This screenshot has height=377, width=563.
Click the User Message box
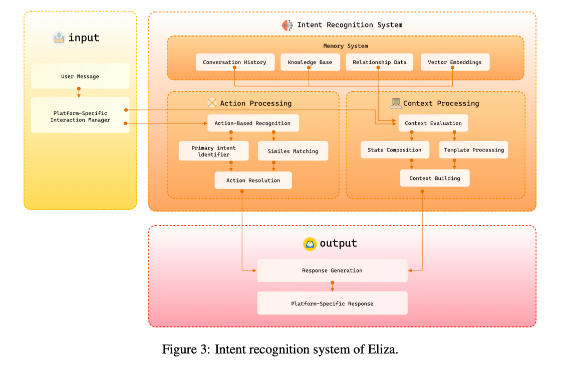click(x=80, y=76)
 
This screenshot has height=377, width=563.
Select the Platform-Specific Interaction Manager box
click(x=80, y=115)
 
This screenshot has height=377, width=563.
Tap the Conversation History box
click(x=235, y=62)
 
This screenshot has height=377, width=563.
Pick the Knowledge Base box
click(x=310, y=62)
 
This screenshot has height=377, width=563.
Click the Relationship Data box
click(x=379, y=62)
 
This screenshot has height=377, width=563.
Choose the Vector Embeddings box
click(x=455, y=62)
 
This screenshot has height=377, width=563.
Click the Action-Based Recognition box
click(x=253, y=123)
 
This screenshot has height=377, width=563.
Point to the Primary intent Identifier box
click(x=214, y=151)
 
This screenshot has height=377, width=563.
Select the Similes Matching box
click(x=293, y=151)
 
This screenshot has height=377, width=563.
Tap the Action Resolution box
click(x=253, y=180)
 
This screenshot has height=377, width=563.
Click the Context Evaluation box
click(x=433, y=123)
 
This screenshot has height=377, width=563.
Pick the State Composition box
click(x=395, y=150)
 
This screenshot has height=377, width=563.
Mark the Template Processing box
click(x=474, y=150)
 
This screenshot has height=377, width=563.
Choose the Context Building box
click(x=435, y=178)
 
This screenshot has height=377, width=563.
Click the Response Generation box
click(x=332, y=270)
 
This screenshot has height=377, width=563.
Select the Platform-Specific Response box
click(x=332, y=303)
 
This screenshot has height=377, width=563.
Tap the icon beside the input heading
click(x=59, y=37)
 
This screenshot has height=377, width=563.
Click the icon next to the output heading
click(x=310, y=244)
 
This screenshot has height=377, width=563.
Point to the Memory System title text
click(x=346, y=46)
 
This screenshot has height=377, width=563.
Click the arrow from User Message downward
click(x=79, y=92)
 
